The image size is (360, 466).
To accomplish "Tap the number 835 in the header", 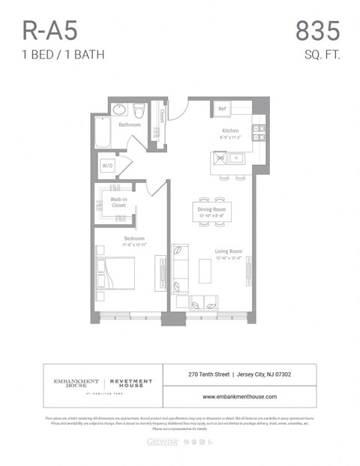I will click(317, 31).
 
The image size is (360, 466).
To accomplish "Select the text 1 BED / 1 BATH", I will click(62, 54).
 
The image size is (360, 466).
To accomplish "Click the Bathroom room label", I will click(129, 125).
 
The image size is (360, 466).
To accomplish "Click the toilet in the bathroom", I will click(139, 111).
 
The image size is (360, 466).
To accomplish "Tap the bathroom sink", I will click(120, 110).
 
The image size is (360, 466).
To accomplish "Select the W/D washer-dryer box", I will click(107, 166).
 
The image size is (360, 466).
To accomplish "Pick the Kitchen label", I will click(229, 131).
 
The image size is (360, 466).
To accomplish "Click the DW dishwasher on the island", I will click(220, 158).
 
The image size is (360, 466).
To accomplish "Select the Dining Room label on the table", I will click(211, 209).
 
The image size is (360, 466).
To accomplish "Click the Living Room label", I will click(228, 251).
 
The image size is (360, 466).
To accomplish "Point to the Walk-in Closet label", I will click(118, 203).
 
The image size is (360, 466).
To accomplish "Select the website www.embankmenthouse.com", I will click(239, 397).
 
